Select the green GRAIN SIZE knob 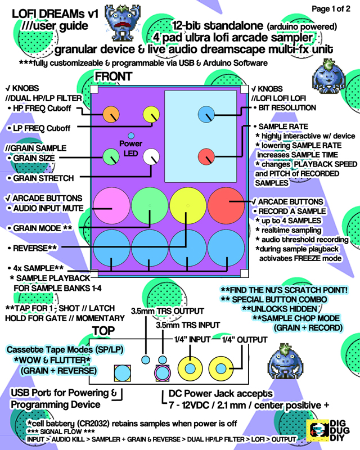(x=110, y=157)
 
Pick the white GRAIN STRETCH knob (x=151, y=157)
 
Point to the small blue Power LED (x=131, y=136)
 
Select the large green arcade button (x=150, y=206)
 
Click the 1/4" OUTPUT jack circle (x=223, y=368)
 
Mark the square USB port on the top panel (x=122, y=372)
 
